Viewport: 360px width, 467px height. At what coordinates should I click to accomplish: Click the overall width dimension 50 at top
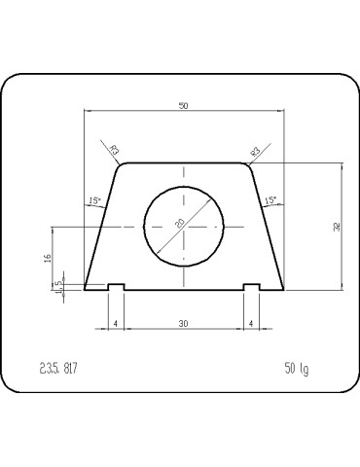click(184, 105)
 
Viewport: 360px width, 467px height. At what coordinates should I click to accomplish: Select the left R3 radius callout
click(114, 151)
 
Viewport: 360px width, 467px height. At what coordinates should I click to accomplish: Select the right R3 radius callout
click(255, 151)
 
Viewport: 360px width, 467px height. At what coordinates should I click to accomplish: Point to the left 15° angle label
click(94, 201)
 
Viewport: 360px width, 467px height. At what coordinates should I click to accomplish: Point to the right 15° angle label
click(270, 201)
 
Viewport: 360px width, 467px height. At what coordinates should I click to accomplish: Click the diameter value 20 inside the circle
click(180, 223)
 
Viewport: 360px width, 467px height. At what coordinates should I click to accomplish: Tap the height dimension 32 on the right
click(337, 227)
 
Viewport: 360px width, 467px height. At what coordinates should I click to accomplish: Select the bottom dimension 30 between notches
click(184, 322)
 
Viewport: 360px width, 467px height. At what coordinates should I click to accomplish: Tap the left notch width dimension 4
click(115, 322)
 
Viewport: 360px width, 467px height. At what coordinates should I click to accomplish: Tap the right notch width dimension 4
click(251, 322)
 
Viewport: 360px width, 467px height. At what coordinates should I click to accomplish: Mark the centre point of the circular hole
click(184, 226)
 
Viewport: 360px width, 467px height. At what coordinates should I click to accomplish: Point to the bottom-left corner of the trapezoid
click(86, 289)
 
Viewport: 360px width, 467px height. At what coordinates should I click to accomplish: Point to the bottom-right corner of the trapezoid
click(283, 289)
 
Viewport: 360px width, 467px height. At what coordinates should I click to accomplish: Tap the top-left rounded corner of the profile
click(121, 166)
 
